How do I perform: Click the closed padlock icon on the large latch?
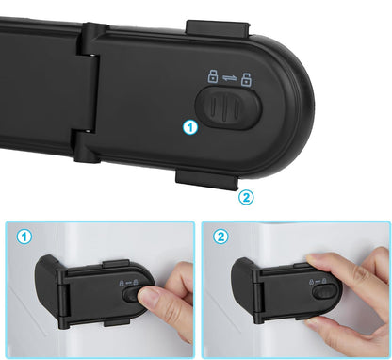point(213,76)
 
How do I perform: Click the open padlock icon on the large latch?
point(246,79)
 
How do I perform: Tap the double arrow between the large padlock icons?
point(230,78)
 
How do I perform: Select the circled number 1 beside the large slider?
point(190,128)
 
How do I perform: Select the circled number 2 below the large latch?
point(246,197)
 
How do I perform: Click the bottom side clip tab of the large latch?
point(206,180)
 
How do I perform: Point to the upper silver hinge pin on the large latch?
point(93,55)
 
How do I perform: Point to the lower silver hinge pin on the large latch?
point(89,131)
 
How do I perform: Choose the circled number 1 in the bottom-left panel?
point(24,237)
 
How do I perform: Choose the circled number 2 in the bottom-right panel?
point(220,237)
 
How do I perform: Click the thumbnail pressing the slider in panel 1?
point(149,296)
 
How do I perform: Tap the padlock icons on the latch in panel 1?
point(128,283)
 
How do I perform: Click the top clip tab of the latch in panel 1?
point(116,263)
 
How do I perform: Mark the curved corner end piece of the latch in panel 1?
point(46,283)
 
